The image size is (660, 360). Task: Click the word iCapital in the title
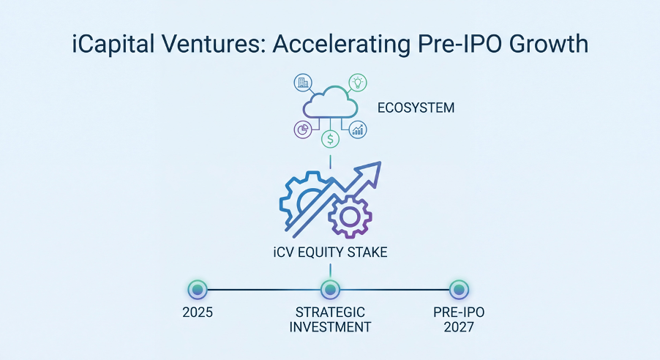tap(113, 45)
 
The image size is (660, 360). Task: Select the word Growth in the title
tap(549, 44)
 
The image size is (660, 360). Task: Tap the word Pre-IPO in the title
tap(460, 44)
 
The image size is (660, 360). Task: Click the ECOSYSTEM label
tap(416, 108)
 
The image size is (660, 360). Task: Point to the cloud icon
tap(331, 102)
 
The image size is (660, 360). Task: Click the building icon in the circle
tap(303, 83)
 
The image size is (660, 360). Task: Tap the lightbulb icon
tap(358, 83)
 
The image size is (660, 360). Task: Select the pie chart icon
tap(303, 130)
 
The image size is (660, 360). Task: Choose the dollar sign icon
tap(331, 138)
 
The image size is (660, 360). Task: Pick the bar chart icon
tap(358, 130)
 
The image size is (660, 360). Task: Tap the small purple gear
tap(350, 217)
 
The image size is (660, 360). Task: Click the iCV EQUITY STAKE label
tap(331, 252)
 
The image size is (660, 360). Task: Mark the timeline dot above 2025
tap(198, 290)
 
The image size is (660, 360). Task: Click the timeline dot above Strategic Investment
tap(331, 290)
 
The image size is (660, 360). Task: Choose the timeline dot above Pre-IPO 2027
tap(459, 290)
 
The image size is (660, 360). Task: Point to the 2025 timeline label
tap(198, 312)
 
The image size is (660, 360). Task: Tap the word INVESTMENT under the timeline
tap(331, 327)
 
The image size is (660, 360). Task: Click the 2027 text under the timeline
tap(459, 327)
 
